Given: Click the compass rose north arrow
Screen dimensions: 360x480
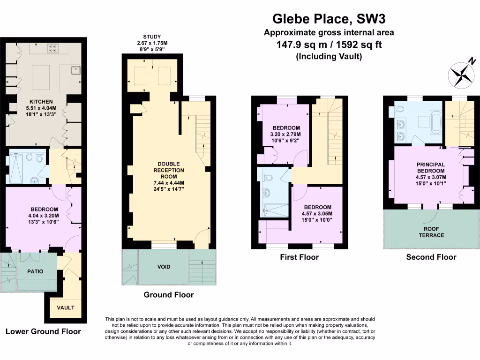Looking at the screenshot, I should coord(462,75).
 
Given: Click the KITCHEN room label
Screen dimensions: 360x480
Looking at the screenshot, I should coord(41,102).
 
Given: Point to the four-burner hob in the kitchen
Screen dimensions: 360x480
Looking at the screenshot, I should coord(52,47).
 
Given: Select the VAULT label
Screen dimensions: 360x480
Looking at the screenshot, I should coord(66,308).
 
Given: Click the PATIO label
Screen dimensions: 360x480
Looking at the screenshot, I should coord(34,271).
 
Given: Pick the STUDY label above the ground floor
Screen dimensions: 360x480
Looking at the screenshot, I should coord(152,37).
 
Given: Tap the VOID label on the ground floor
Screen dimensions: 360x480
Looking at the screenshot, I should coord(164,267).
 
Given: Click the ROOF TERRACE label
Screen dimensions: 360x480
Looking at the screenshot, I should coord(431,232).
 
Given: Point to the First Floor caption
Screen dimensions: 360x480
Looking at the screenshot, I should coord(299,257).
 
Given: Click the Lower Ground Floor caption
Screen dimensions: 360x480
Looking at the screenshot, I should coord(43,331).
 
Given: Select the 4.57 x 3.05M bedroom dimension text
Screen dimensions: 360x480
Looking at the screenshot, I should coord(317,214).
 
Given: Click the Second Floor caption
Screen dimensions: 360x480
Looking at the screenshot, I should coord(431,257).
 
